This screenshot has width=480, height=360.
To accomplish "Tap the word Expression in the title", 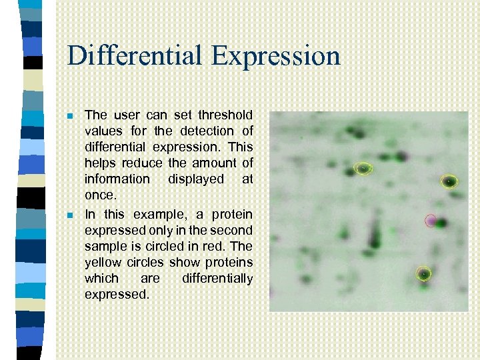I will (x=276, y=57).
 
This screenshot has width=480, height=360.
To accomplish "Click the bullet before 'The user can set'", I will (x=71, y=115).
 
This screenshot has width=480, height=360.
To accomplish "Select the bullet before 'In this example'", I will (x=71, y=215).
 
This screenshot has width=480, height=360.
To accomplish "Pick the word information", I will (x=117, y=179).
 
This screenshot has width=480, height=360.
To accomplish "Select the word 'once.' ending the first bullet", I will (x=100, y=195).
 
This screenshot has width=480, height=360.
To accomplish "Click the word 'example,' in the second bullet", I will (x=159, y=214).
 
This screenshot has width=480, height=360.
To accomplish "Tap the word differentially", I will (x=217, y=278).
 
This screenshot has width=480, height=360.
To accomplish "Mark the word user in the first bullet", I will (x=125, y=115).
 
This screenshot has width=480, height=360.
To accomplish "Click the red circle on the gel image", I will (x=431, y=220).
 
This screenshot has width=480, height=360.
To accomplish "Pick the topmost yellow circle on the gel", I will (x=363, y=169).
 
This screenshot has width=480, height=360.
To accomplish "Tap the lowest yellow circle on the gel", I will (x=423, y=273).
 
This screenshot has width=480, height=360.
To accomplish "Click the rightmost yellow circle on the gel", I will (x=450, y=181).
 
